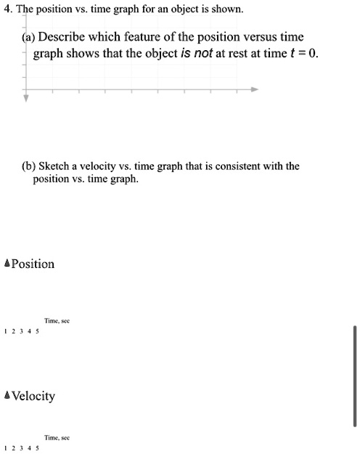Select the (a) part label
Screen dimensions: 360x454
[30, 37]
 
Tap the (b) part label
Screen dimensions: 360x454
[25, 166]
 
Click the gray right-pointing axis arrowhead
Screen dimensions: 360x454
[254, 89]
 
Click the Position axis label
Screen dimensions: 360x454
[33, 264]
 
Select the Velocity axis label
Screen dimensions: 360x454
[33, 397]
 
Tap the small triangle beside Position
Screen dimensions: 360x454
[7, 264]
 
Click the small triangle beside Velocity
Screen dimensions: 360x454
[7, 397]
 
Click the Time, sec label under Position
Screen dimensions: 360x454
[56, 320]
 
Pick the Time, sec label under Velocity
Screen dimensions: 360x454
[56, 438]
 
